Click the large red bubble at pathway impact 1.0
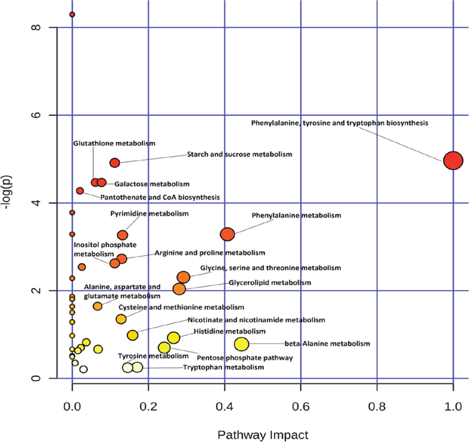453,161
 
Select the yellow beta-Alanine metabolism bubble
241,344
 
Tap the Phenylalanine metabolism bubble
227,234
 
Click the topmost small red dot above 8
72,14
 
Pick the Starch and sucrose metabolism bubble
115,163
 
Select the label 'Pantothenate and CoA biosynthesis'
159,197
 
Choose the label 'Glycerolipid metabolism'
269,283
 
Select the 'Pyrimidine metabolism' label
149,214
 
